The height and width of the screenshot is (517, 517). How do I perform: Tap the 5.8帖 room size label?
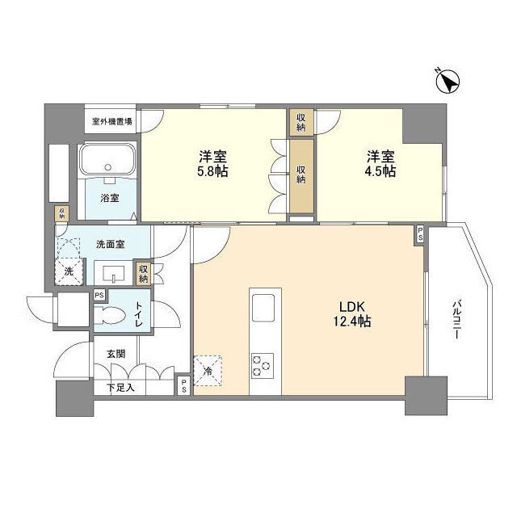pos(208,163)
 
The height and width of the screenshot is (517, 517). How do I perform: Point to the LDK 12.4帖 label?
pos(353,314)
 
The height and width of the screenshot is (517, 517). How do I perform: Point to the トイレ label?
pos(138,314)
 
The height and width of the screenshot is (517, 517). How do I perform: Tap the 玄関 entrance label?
pos(116,353)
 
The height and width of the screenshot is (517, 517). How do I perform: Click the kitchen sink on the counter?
pos(264,308)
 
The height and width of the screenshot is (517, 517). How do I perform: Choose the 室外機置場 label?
pos(112,121)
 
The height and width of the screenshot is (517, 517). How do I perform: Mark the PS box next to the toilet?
pos(99,296)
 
